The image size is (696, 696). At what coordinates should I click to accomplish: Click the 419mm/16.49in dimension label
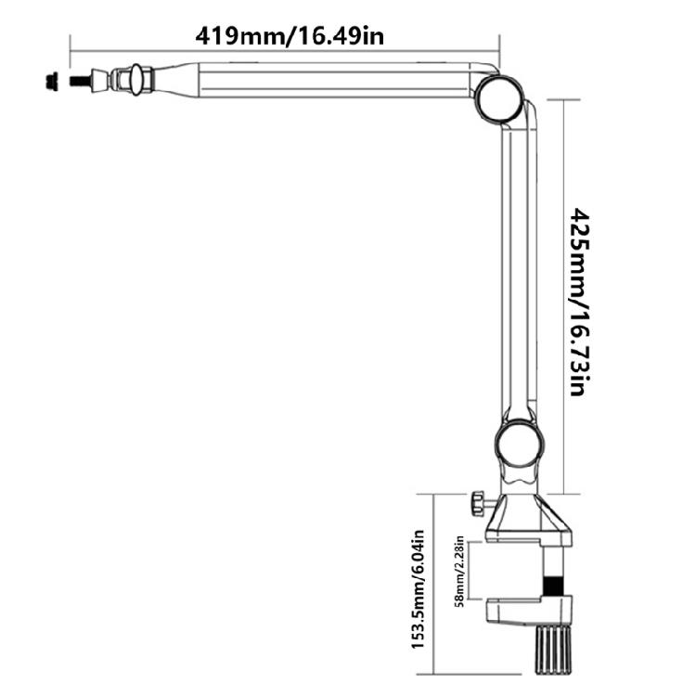(x=290, y=36)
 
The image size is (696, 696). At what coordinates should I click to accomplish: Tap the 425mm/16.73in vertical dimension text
(x=580, y=302)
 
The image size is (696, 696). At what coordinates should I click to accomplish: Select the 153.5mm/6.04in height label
(x=419, y=589)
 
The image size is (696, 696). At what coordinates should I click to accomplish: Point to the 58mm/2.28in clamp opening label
(x=459, y=572)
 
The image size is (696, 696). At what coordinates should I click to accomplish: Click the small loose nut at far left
(x=52, y=81)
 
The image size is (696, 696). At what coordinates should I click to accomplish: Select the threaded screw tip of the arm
(x=81, y=81)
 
